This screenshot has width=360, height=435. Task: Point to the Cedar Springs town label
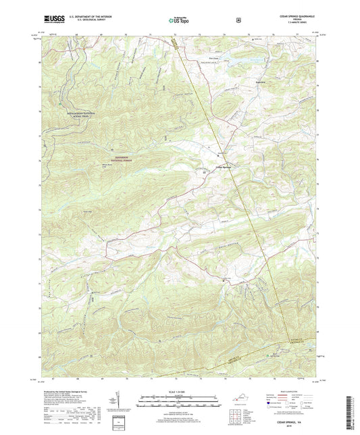(224, 168)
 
